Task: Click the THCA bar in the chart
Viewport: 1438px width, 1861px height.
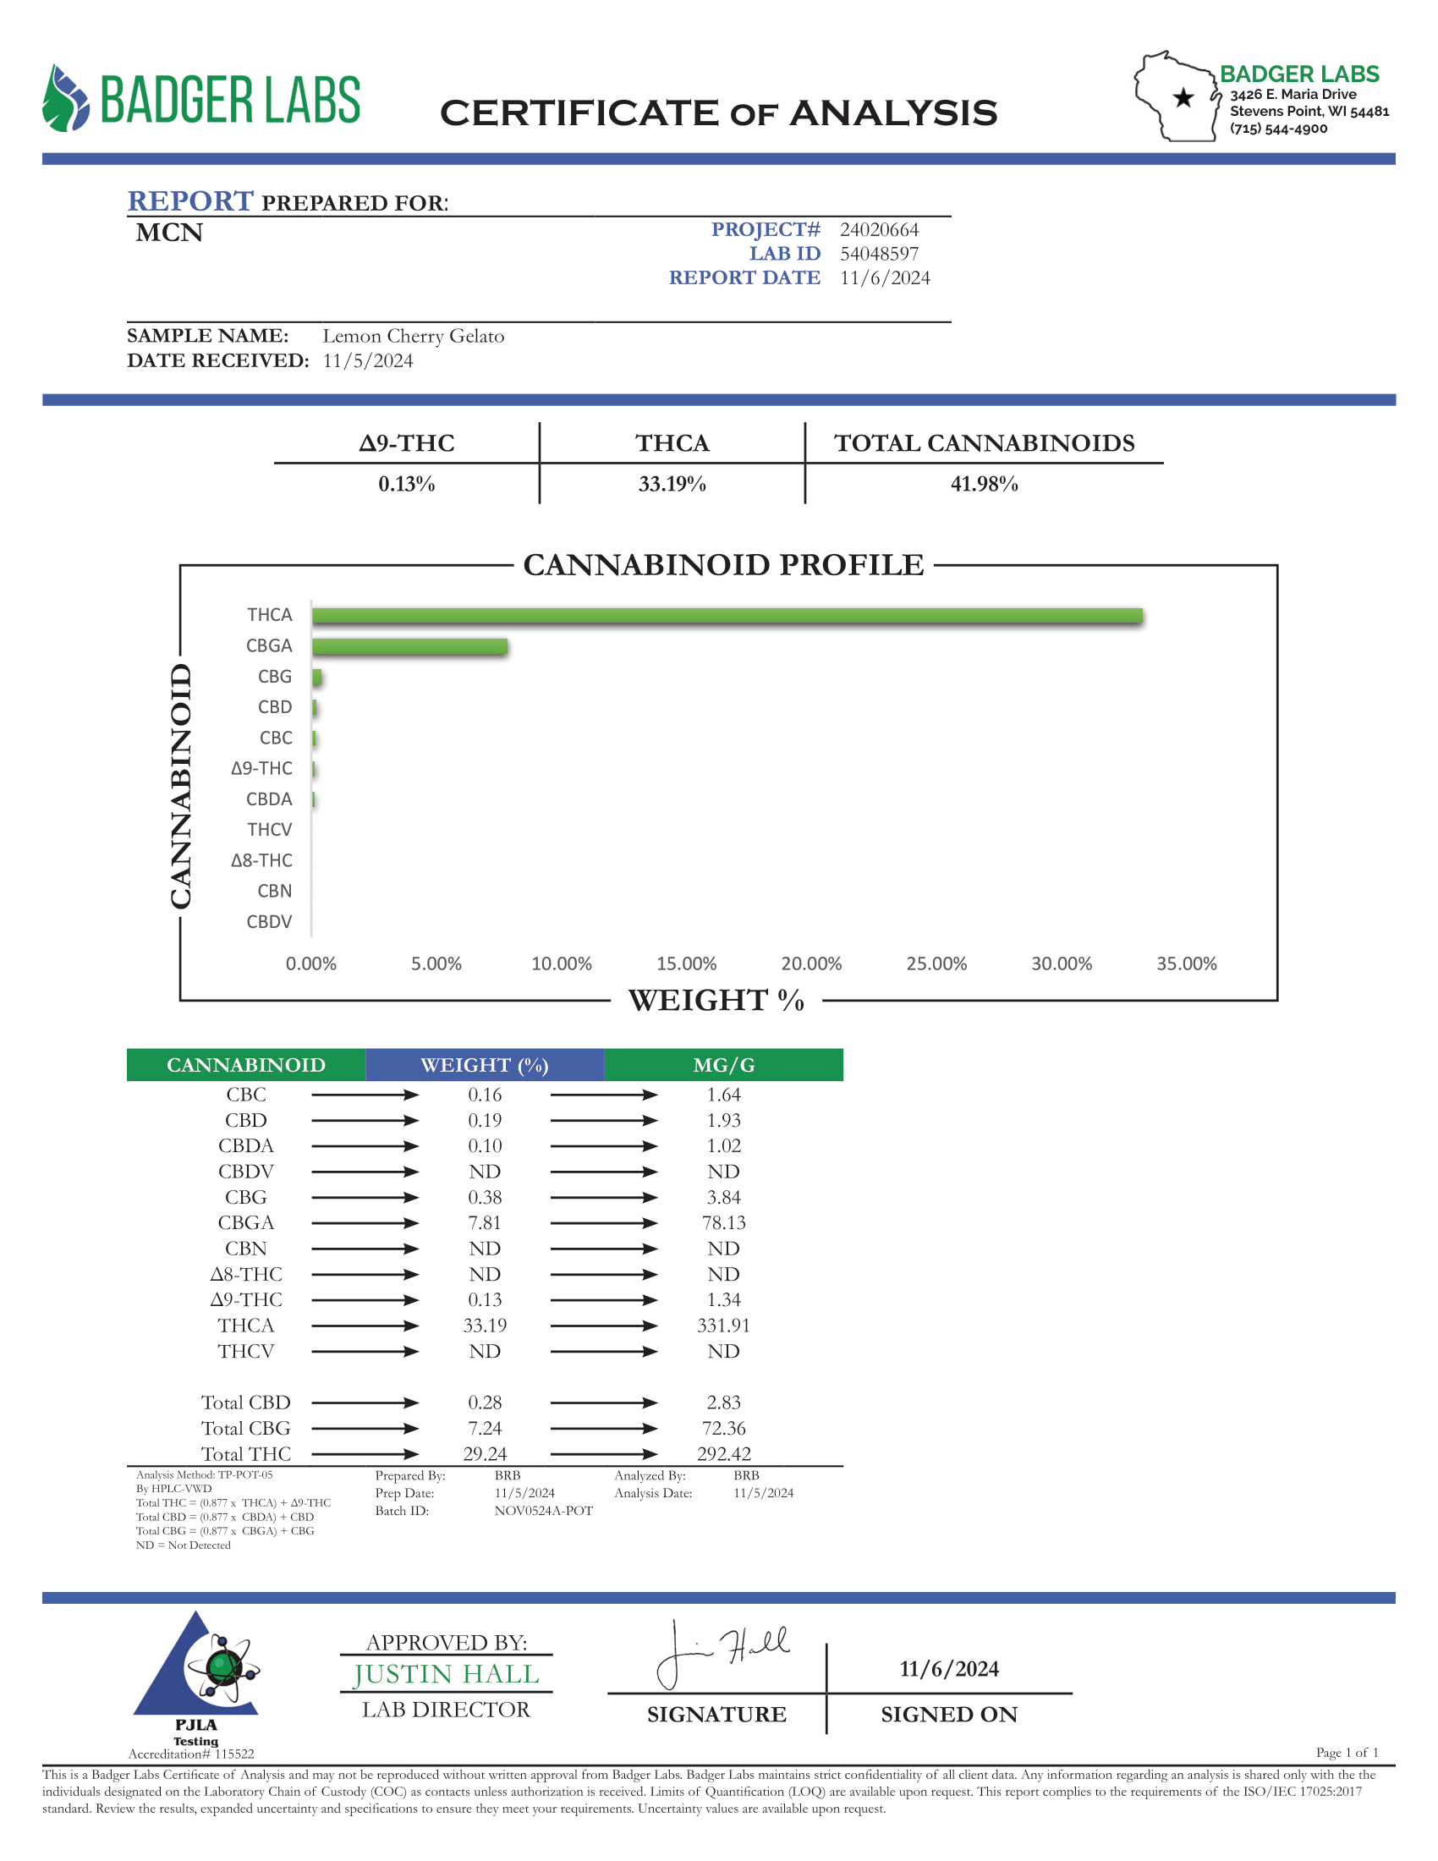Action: pos(726,616)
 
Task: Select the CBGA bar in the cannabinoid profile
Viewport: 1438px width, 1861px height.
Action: pos(409,647)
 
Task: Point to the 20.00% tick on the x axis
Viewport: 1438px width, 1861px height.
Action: pos(811,963)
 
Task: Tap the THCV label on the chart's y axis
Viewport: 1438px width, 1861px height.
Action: pos(269,830)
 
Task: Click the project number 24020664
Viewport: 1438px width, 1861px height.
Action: pos(879,230)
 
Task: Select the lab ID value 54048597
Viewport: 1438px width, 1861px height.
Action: pos(879,254)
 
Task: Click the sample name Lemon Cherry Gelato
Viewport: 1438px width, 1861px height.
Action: pos(413,337)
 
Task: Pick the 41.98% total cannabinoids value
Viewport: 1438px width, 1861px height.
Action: pos(984,484)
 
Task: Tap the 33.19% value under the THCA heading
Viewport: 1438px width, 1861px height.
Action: pos(672,484)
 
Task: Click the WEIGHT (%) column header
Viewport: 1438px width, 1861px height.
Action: pos(484,1065)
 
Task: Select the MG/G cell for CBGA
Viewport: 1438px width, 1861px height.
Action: pos(723,1223)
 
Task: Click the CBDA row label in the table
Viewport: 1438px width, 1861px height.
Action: pos(245,1146)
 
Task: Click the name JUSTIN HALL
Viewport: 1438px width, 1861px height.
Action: pos(447,1674)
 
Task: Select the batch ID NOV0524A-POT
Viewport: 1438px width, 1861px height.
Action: pos(544,1511)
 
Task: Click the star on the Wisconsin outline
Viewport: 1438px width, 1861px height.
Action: pos(1183,98)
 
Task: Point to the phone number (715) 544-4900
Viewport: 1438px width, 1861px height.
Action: pos(1278,129)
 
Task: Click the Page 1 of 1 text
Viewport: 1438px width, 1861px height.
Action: pos(1346,1753)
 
